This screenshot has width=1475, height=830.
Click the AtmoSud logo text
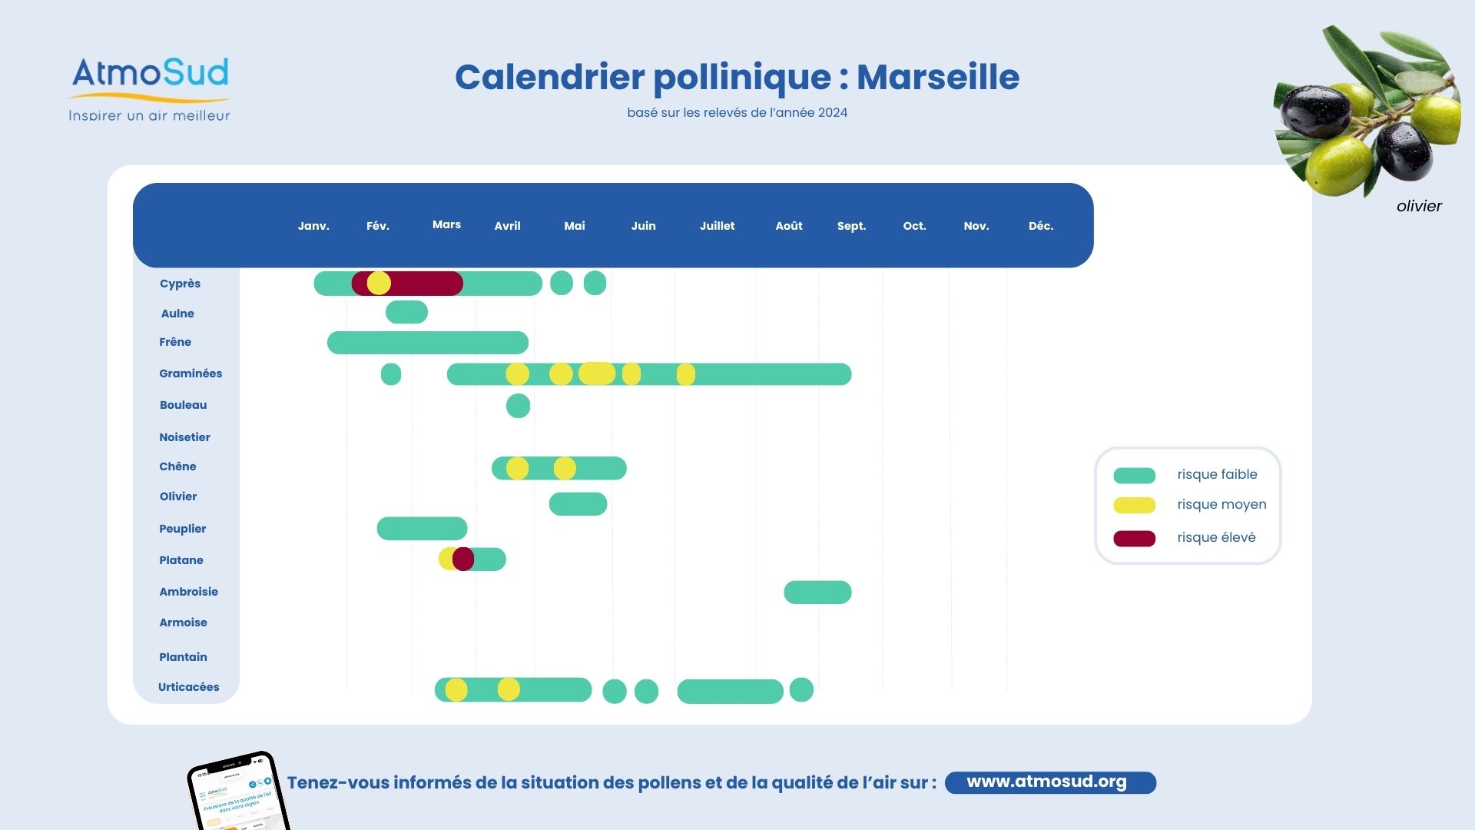(151, 74)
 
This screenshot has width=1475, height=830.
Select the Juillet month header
(717, 226)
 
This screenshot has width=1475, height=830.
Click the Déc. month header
(1040, 226)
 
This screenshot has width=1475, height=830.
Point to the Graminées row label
(191, 373)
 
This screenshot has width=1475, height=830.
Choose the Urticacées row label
(188, 687)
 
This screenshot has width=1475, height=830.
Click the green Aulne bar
(406, 312)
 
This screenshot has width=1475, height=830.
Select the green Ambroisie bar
(817, 593)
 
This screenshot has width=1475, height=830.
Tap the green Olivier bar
(578, 504)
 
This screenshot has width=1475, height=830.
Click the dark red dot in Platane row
(463, 559)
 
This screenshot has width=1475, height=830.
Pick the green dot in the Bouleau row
(518, 406)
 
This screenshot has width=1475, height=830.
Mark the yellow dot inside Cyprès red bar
(379, 283)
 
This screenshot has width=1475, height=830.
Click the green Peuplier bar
(422, 529)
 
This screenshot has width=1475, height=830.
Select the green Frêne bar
(427, 343)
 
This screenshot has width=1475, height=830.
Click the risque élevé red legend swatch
(1134, 538)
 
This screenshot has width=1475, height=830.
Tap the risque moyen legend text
(1221, 505)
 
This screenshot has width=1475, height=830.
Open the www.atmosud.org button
(1049, 782)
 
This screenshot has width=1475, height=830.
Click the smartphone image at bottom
(238, 792)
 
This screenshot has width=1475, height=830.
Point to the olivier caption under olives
(1418, 206)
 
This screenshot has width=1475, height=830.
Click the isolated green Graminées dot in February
(390, 374)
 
